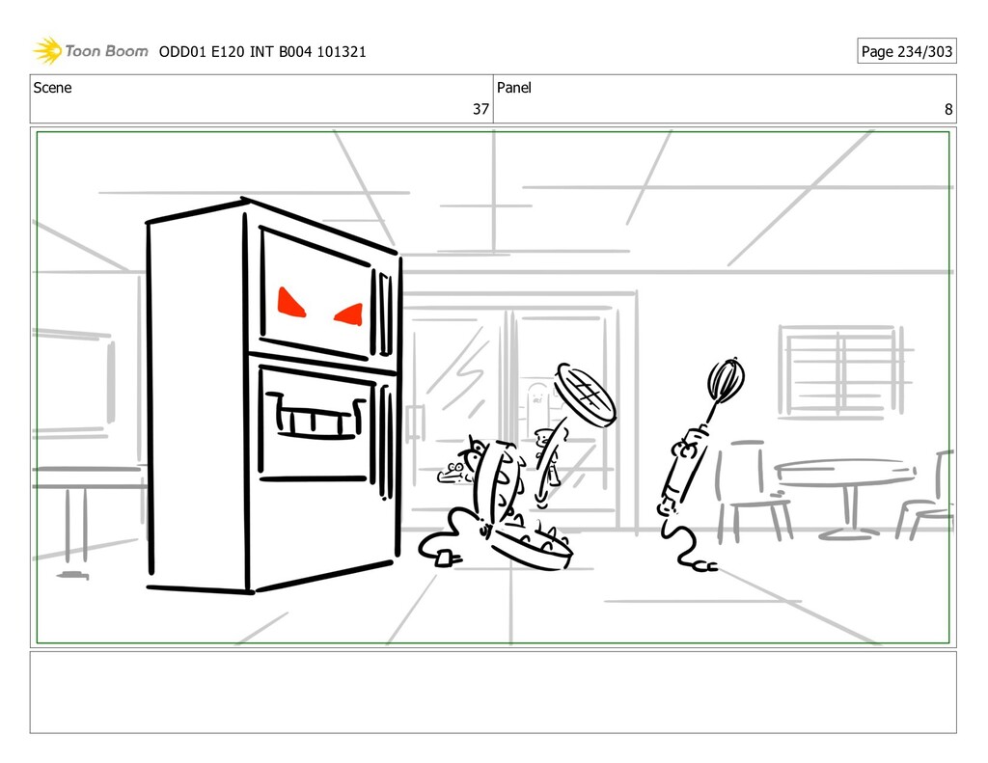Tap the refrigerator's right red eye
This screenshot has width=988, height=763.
click(x=349, y=313)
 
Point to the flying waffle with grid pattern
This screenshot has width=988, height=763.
click(x=586, y=394)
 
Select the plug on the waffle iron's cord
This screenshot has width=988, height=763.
click(x=445, y=556)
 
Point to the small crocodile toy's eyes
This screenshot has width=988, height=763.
click(x=454, y=469)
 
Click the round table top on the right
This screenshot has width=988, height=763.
click(x=844, y=470)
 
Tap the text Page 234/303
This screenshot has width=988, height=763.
click(x=906, y=51)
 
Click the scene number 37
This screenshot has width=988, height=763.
click(x=480, y=110)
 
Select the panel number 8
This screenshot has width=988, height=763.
click(x=948, y=110)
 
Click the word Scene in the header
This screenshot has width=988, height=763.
click(x=52, y=88)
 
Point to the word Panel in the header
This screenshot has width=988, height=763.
click(x=513, y=88)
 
